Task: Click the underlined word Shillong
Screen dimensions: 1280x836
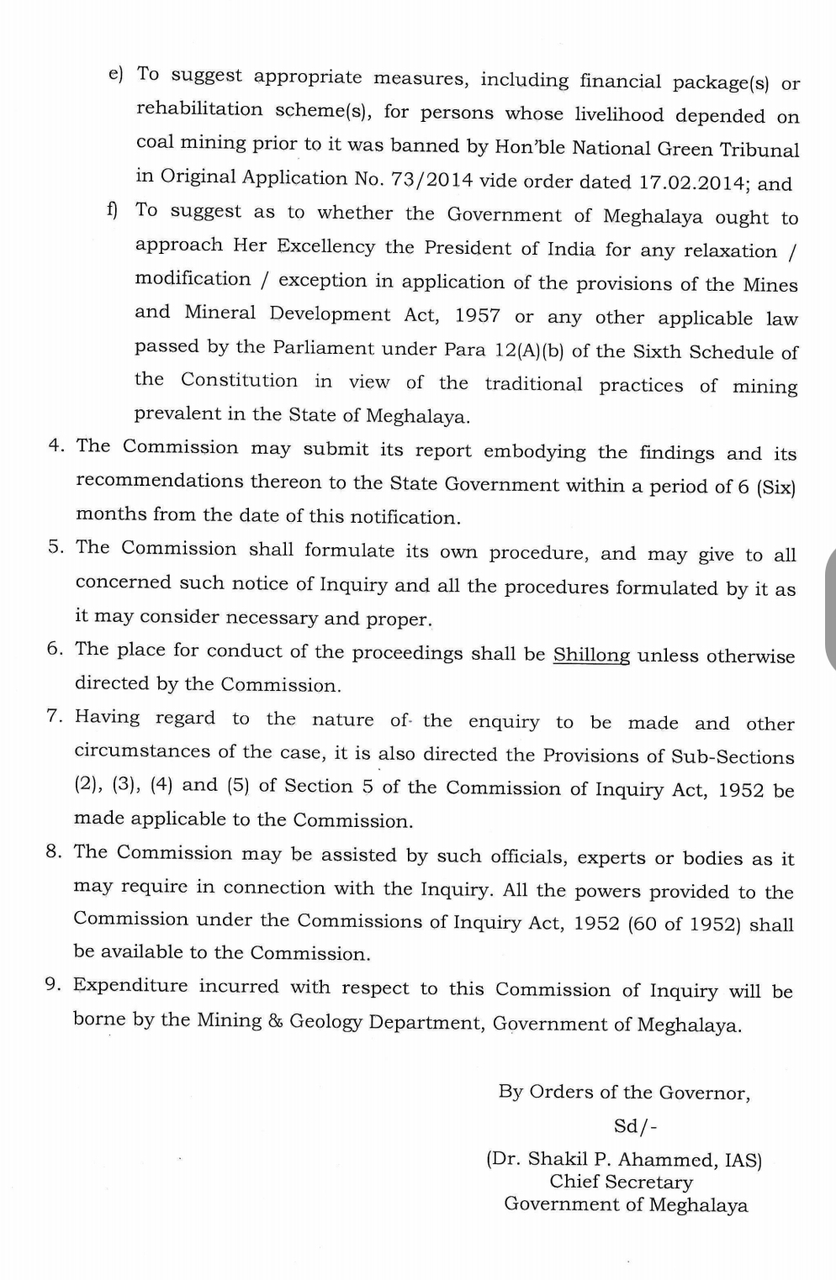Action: [591, 655]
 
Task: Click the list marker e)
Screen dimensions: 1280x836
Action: [116, 74]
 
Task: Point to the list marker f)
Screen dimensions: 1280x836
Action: [112, 209]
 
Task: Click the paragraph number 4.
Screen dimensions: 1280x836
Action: [56, 445]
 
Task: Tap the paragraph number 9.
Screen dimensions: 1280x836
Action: [54, 984]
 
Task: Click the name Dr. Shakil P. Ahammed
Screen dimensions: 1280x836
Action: [604, 1160]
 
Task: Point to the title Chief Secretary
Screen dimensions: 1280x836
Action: [622, 1182]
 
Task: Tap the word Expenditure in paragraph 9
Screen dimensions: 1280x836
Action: [128, 985]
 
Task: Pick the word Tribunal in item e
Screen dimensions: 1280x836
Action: [758, 150]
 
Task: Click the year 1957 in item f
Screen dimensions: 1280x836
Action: [478, 316]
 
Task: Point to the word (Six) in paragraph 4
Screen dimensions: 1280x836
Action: [775, 487]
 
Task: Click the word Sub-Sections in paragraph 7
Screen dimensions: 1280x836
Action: [732, 756]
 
